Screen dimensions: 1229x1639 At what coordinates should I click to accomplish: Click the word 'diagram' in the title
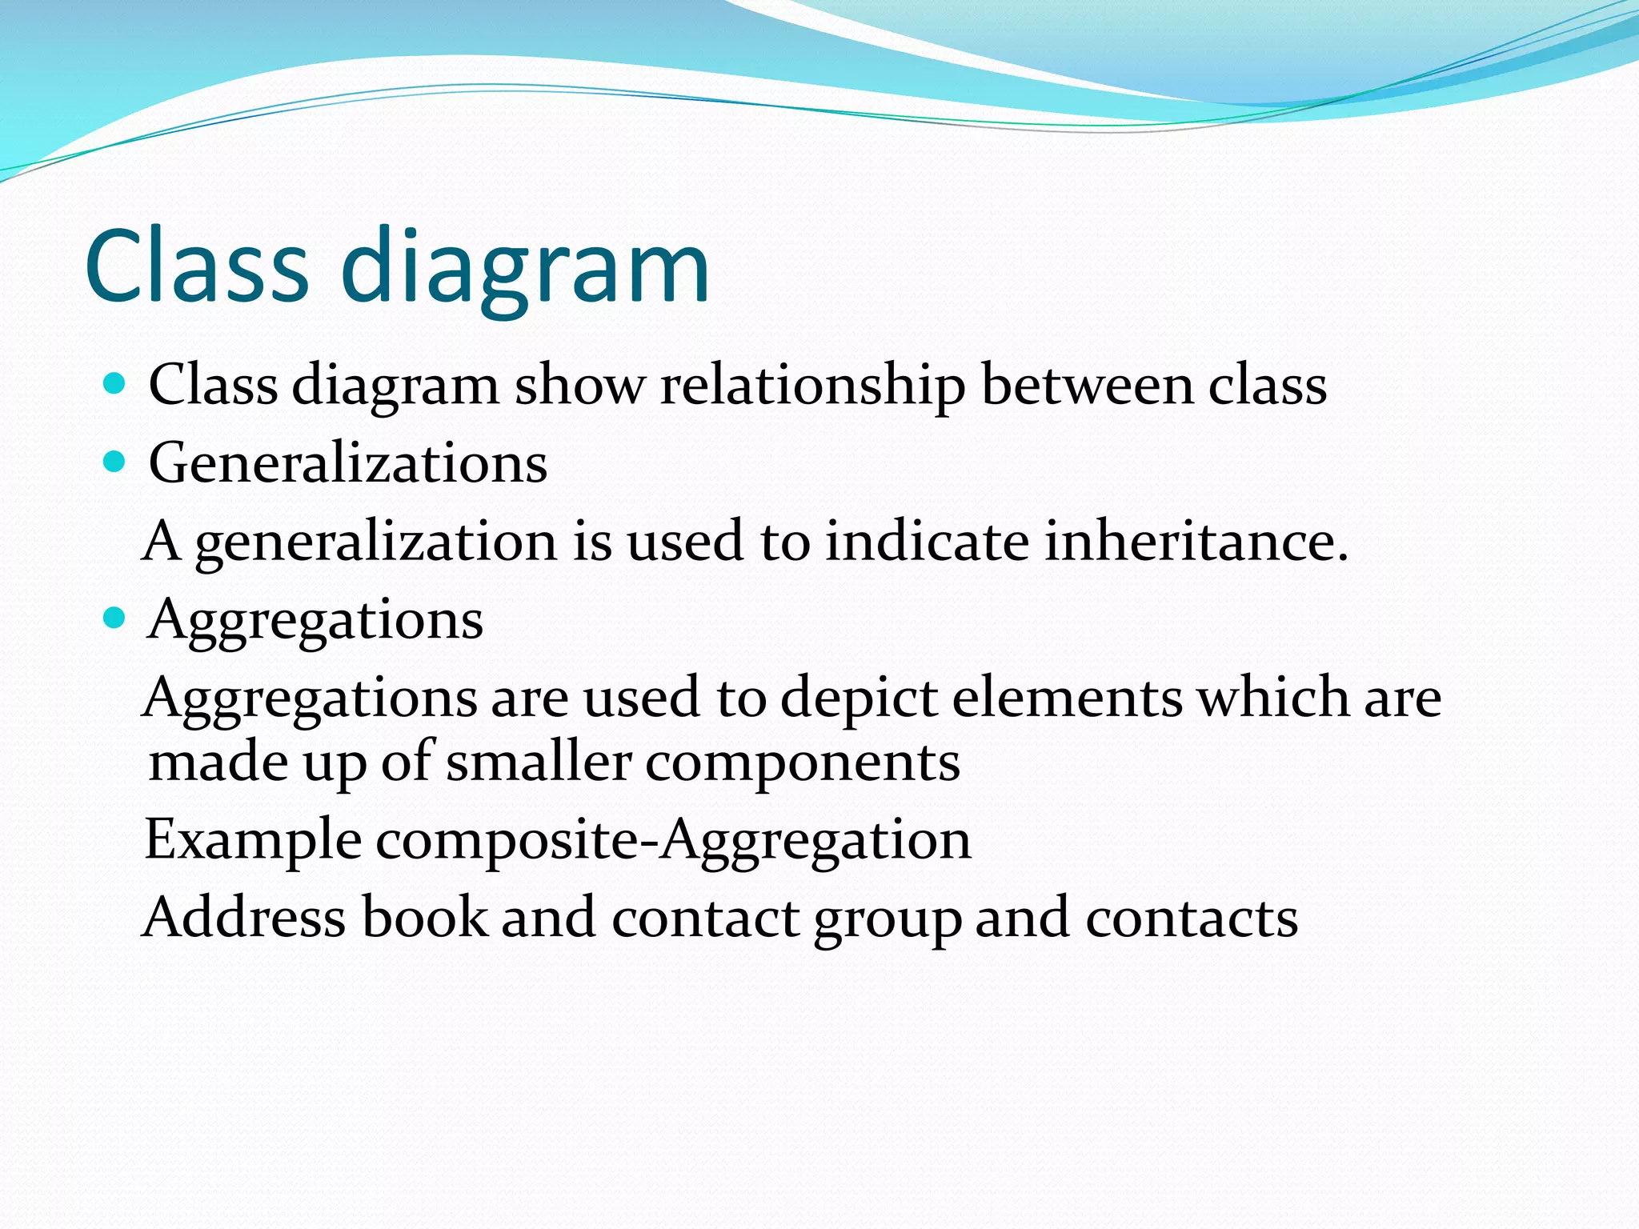[x=525, y=267]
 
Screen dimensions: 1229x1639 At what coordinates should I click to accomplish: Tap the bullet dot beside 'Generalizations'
[x=116, y=462]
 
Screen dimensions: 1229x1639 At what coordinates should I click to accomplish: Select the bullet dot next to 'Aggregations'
[x=116, y=618]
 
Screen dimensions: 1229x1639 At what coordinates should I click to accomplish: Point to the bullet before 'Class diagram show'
[x=116, y=384]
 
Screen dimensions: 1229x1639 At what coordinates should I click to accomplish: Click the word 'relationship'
[x=812, y=386]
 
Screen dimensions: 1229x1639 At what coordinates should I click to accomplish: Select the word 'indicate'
[x=927, y=541]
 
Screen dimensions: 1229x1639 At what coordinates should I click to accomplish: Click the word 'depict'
[x=858, y=699]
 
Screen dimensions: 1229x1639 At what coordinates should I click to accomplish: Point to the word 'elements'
[x=1067, y=698]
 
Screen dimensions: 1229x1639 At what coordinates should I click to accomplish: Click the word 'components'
[x=802, y=763]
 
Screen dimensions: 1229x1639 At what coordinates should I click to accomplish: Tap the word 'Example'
[x=253, y=840]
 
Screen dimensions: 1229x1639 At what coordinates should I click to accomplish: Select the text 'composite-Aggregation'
[x=673, y=841]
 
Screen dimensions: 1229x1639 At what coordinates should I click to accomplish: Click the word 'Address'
[x=245, y=917]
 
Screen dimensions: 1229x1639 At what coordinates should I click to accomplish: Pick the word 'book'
[x=424, y=917]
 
